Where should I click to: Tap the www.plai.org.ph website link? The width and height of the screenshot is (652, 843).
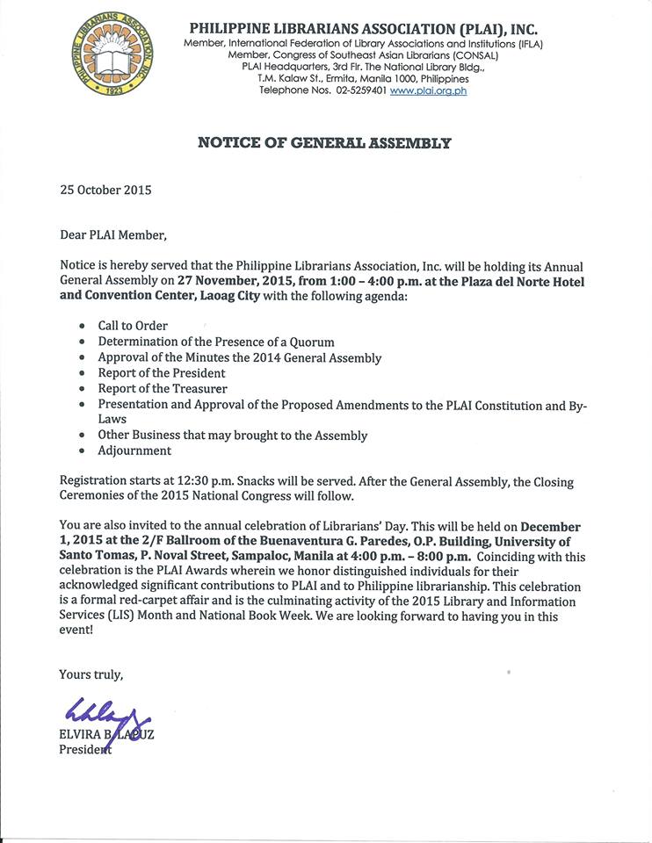tap(428, 90)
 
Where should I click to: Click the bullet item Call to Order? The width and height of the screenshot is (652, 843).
tap(133, 326)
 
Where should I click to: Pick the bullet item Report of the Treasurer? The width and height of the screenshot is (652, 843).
tap(163, 389)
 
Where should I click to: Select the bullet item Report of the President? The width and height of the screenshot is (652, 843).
tap(162, 373)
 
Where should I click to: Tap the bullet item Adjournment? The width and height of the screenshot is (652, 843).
tap(134, 450)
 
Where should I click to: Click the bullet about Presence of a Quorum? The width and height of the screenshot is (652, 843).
tap(216, 342)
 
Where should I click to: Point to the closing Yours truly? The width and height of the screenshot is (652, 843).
tap(91, 674)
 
